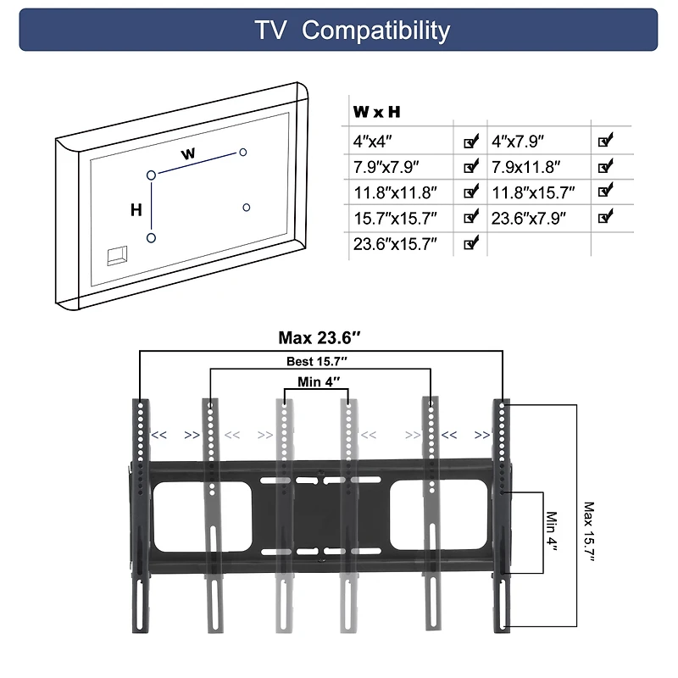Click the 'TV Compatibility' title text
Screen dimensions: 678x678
352,31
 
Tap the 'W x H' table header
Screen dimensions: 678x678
376,112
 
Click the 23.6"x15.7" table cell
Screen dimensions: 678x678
395,244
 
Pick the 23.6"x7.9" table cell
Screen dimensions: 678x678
529,218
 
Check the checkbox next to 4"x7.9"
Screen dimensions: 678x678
605,141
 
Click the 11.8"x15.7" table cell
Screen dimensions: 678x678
533,192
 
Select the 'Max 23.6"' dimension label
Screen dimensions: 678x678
320,338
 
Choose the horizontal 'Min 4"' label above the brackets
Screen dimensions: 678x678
320,382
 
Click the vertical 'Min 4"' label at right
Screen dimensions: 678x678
553,531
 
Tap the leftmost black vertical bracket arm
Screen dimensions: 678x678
140,517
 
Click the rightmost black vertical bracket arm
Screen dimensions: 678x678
503,517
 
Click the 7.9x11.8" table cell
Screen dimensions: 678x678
525,167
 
